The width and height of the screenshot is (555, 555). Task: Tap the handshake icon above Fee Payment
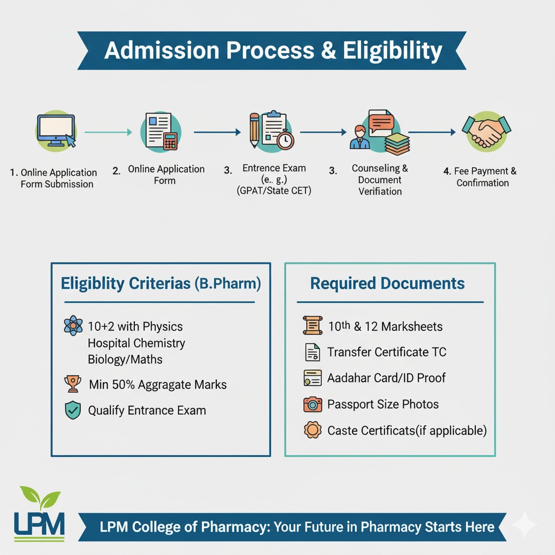tap(486, 131)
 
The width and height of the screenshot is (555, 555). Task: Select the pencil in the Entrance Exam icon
tap(254, 131)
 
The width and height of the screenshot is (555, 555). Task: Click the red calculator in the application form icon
tap(170, 141)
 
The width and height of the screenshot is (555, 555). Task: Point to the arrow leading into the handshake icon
tap(432, 132)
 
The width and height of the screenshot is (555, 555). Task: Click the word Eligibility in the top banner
tap(392, 50)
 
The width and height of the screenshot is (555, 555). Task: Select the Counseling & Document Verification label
tap(380, 180)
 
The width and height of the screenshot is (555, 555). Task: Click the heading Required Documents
tap(388, 283)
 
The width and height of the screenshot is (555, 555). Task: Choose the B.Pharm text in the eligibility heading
tap(228, 283)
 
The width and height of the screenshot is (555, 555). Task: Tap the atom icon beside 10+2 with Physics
tap(73, 326)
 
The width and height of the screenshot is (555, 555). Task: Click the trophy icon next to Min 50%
tap(73, 384)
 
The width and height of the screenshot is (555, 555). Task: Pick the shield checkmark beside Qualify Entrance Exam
tap(73, 410)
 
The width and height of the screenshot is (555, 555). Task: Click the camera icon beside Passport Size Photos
tap(312, 404)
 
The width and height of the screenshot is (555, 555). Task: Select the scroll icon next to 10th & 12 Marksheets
tap(312, 326)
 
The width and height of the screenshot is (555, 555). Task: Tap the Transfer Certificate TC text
tap(386, 352)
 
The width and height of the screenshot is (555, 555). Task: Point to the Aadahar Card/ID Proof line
tap(386, 378)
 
